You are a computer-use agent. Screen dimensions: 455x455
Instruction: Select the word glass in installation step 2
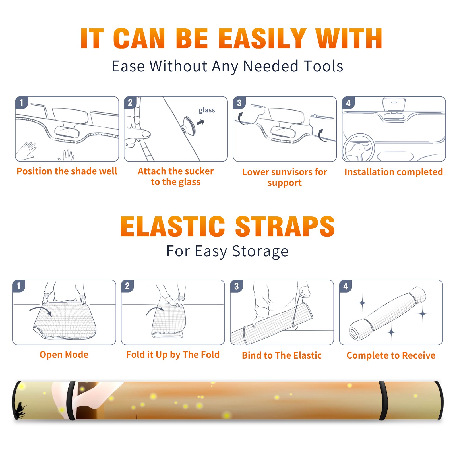coord(207,110)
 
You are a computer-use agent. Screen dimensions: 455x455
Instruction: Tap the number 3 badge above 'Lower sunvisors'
coord(239,103)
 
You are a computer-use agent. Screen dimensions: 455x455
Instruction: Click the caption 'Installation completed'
coord(394,172)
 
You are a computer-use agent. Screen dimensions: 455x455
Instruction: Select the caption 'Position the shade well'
coord(67,171)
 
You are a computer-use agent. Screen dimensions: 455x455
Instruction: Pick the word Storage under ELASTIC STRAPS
coord(260,251)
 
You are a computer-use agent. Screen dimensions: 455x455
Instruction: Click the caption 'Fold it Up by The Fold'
coord(173,355)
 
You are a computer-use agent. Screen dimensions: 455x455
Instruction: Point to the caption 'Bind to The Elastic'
coord(282,355)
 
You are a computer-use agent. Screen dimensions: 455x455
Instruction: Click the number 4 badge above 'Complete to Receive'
coord(346,286)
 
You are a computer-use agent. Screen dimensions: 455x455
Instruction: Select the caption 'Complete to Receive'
coord(391,355)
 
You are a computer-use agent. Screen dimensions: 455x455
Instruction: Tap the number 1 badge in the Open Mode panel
coord(19,286)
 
